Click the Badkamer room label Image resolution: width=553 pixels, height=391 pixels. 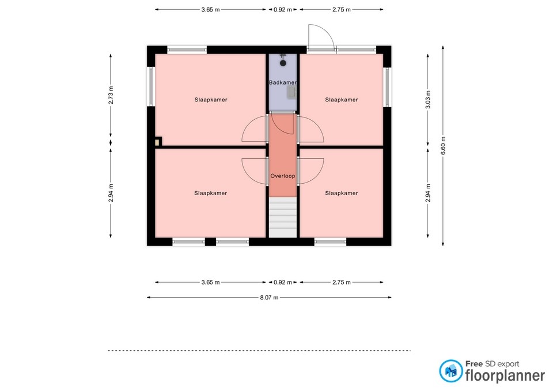[x=282, y=82]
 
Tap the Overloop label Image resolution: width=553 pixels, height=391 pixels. [x=282, y=176]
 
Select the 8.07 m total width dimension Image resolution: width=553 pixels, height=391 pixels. [x=269, y=298]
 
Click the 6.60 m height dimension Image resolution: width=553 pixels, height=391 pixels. [x=443, y=145]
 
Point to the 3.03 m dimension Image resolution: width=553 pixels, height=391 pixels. [x=428, y=100]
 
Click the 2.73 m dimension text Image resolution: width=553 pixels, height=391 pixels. [x=111, y=95]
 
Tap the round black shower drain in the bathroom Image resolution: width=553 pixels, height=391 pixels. [x=283, y=63]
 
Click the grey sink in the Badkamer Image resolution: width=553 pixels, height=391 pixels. [x=291, y=92]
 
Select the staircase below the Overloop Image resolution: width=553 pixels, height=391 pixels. [x=283, y=217]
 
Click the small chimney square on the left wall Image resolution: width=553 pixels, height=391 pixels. [x=158, y=142]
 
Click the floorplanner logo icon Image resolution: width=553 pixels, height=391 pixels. [x=450, y=371]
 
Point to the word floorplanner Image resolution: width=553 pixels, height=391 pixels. [x=505, y=375]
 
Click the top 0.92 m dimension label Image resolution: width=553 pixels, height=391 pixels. [x=283, y=10]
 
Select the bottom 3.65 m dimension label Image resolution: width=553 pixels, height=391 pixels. [x=211, y=282]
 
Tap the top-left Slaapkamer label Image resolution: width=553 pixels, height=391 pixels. [x=211, y=100]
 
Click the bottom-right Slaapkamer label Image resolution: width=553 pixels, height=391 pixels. [x=342, y=193]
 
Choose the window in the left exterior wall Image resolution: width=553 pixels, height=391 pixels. [x=150, y=86]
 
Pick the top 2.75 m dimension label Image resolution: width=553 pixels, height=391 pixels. [x=342, y=10]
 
